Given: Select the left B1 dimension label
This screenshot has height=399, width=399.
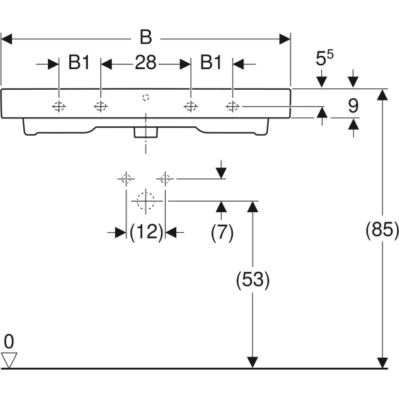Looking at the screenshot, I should coord(79,63).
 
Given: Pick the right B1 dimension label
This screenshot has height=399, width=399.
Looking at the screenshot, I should coord(211,63).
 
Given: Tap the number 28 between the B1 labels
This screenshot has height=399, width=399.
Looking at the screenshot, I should coord(146,63).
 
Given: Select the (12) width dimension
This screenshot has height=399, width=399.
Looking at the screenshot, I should coord(146,232).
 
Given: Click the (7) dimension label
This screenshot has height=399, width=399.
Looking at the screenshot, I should coord(221,232).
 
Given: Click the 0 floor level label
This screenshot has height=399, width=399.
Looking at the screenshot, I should coord(9,342).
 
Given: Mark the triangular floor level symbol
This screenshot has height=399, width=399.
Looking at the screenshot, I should coord(9,360).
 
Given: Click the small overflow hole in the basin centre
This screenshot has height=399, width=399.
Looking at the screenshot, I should coord(146,98).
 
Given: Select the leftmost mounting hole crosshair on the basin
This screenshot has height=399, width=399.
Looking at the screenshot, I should coord(59,107).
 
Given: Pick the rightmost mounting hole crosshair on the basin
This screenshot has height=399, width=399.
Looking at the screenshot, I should coord(233,107).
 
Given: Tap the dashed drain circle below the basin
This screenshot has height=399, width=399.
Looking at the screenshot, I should coord(145,199).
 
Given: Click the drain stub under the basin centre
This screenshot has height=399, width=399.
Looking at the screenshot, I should coord(145,132).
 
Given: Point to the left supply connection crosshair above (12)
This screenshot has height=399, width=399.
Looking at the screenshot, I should coord(126,178).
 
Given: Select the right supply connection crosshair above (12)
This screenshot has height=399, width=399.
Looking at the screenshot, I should coord(165,178).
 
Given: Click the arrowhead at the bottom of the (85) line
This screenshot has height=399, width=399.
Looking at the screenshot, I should coord(382,362).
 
